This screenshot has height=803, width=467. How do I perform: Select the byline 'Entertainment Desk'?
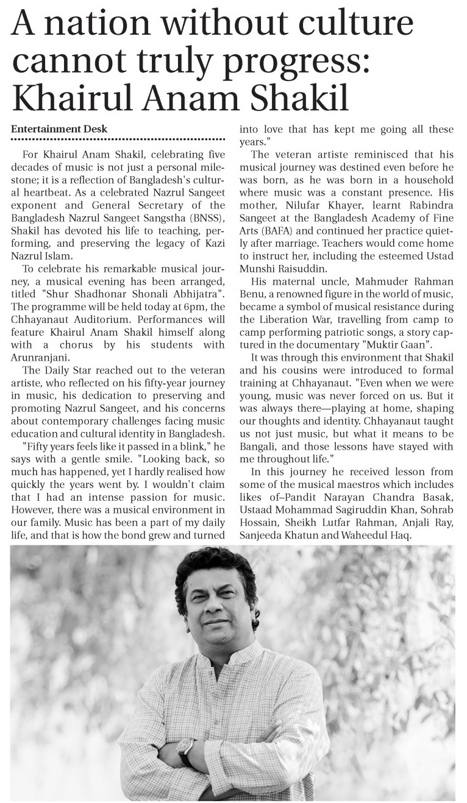59,129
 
